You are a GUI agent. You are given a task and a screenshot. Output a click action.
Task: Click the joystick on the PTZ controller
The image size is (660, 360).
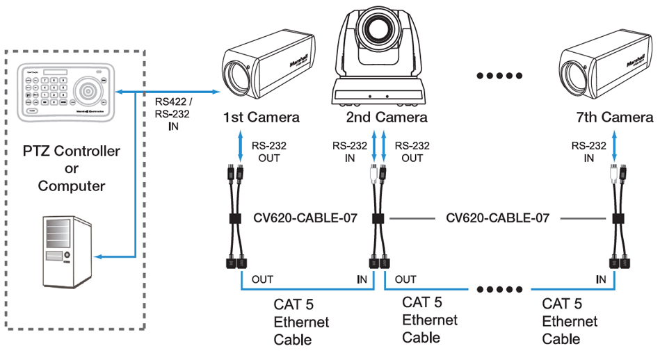coord(88,90)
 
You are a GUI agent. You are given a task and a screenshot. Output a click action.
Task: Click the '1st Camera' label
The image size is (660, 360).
coord(261,117)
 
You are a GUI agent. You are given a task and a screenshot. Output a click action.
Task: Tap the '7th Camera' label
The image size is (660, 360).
coord(615,117)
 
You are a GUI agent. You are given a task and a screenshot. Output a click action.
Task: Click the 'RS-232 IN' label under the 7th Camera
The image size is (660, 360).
coord(588,152)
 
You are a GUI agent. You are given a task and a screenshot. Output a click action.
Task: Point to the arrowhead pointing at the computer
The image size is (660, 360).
coord(99,257)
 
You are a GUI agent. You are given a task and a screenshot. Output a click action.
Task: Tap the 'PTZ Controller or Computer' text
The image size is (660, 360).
coord(71,168)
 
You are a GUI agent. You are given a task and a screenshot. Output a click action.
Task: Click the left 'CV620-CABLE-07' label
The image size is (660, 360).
coord(305,218)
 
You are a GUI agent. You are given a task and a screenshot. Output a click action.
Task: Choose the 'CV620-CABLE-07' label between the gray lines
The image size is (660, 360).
coord(497,218)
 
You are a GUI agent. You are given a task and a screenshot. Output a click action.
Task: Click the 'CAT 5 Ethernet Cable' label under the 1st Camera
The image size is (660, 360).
coord(301,322)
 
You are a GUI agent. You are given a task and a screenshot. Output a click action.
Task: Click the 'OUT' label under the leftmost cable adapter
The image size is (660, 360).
coord(262,279)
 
